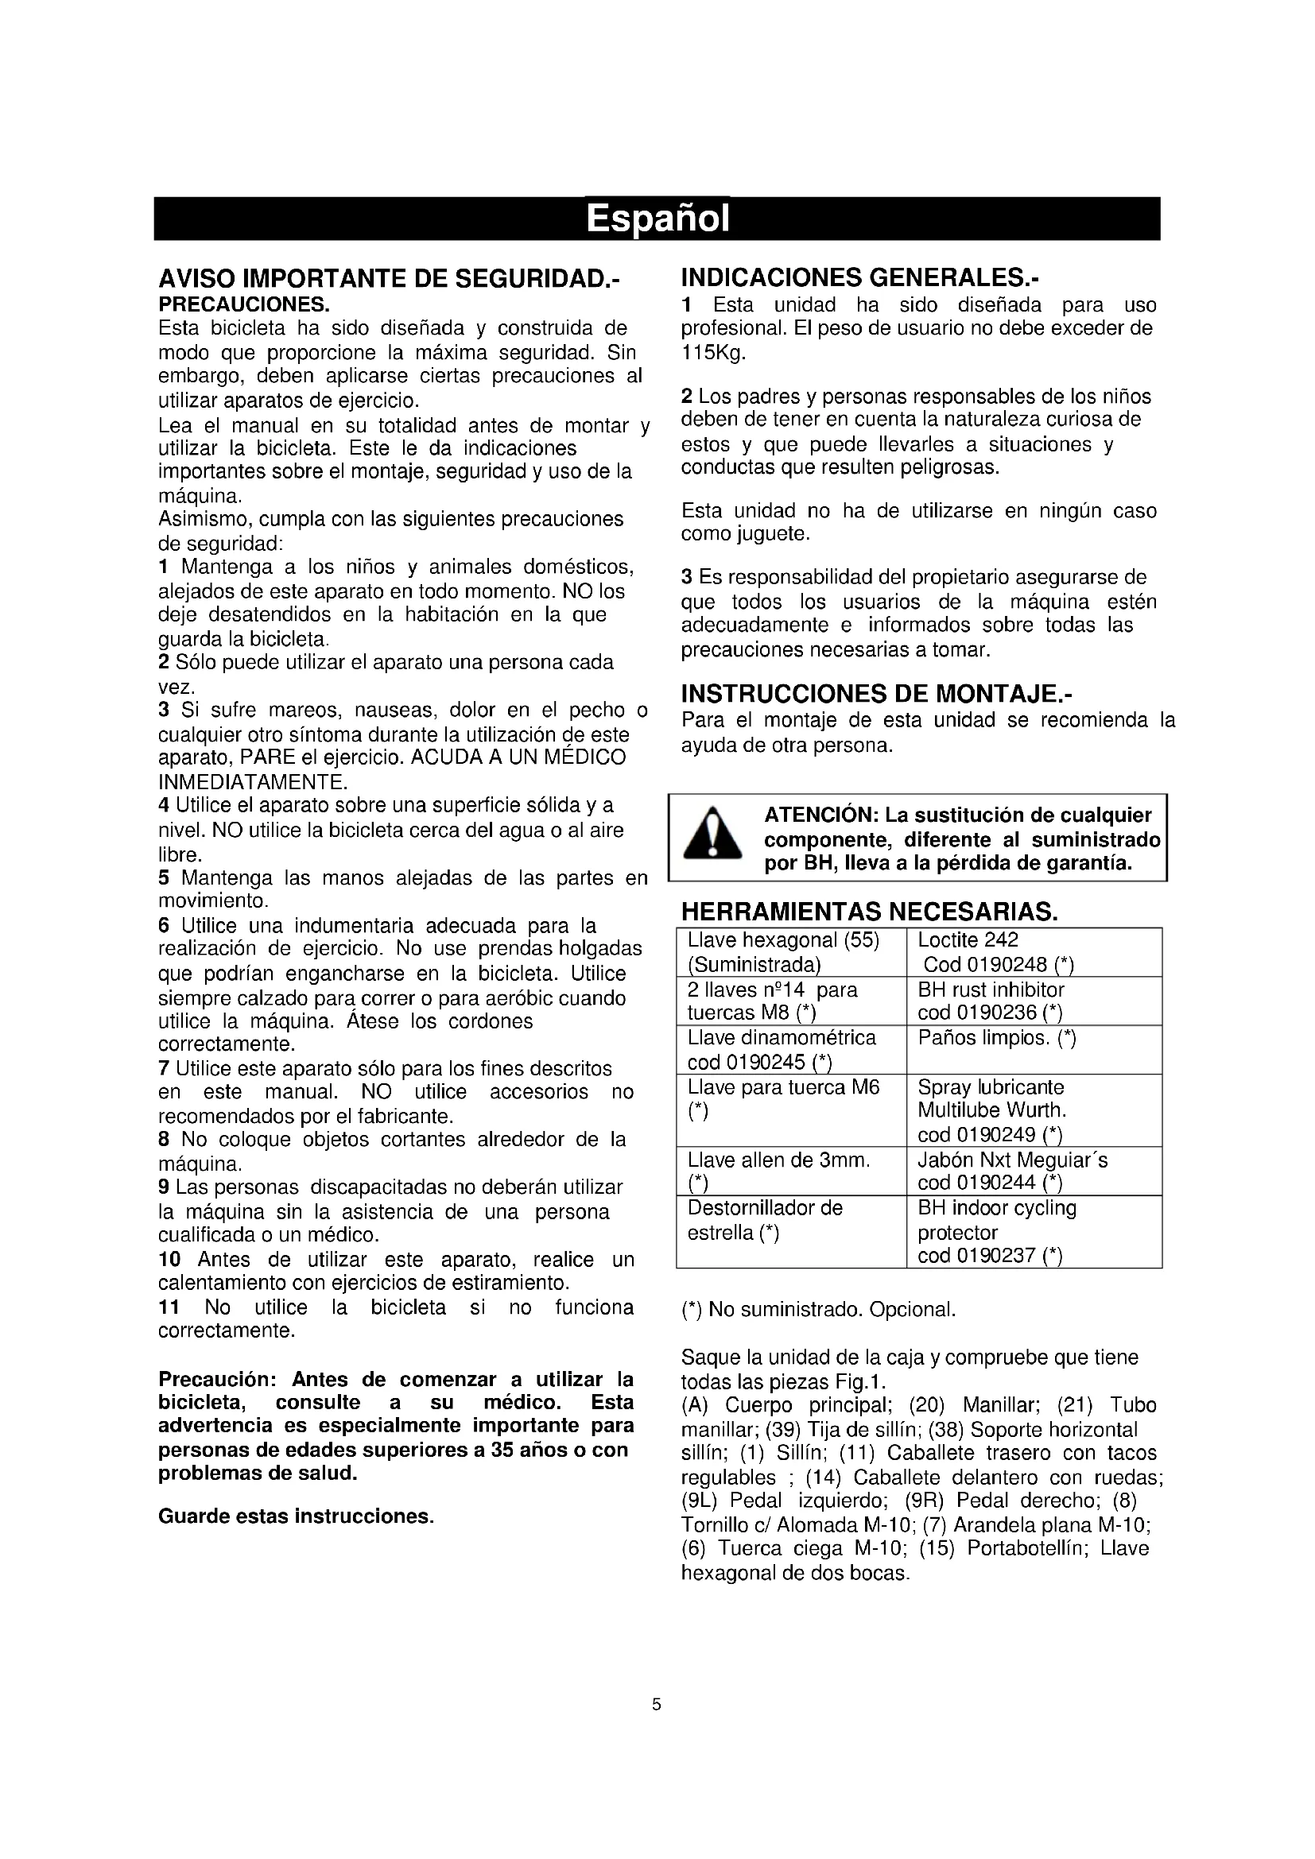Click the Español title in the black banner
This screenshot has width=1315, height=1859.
[657, 219]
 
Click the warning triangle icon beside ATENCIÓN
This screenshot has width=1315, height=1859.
[712, 835]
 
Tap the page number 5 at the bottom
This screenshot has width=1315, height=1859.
[657, 1704]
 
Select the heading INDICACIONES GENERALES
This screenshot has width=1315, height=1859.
[859, 277]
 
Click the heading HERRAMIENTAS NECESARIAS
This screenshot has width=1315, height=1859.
[870, 912]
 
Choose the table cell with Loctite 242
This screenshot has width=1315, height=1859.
[1034, 952]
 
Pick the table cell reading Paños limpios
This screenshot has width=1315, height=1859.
[1034, 1049]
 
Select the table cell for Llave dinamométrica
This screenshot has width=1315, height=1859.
[790, 1049]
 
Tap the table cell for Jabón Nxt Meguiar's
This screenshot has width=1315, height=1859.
[1034, 1171]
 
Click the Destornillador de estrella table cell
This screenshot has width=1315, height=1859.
[790, 1231]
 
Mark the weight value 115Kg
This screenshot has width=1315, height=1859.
[713, 353]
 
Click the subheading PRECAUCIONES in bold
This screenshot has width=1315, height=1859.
[244, 304]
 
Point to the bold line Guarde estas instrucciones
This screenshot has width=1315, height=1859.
[297, 1516]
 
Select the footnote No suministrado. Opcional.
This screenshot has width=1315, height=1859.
[819, 1309]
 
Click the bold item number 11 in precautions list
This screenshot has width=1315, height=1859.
[169, 1307]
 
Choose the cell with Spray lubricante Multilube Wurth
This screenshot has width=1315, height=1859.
[1034, 1110]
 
